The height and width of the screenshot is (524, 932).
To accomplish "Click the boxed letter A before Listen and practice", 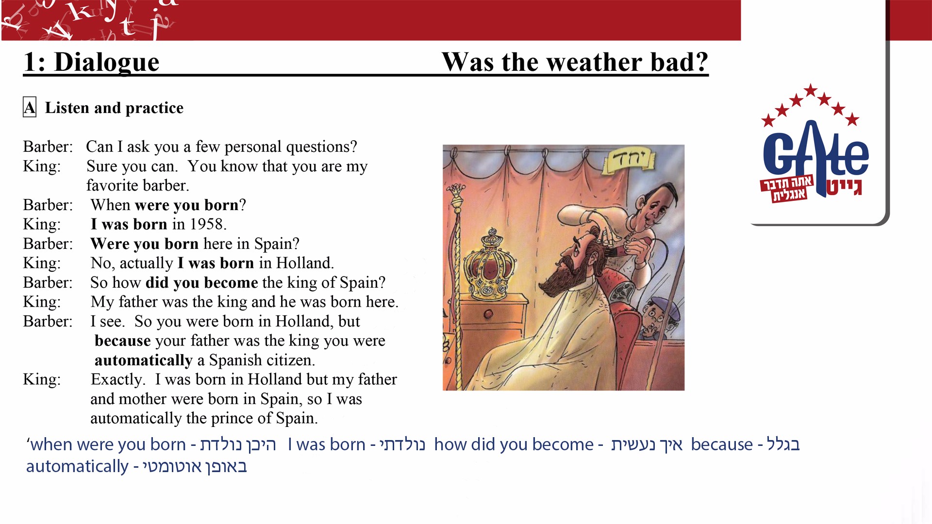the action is (30, 107).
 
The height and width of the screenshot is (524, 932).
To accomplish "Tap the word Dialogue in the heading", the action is (107, 62).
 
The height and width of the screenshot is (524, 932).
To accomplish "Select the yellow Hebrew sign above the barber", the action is (629, 161).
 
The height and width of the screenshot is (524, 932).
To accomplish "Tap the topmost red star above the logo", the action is (810, 90).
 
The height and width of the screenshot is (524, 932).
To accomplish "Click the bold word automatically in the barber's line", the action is (144, 360).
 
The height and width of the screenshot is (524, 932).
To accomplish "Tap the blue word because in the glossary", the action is (722, 444).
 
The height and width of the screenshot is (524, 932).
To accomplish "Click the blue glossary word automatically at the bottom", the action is (77, 466).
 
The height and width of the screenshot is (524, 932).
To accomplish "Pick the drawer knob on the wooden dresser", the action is (488, 313).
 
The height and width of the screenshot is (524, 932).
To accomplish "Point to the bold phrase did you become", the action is (202, 282).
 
